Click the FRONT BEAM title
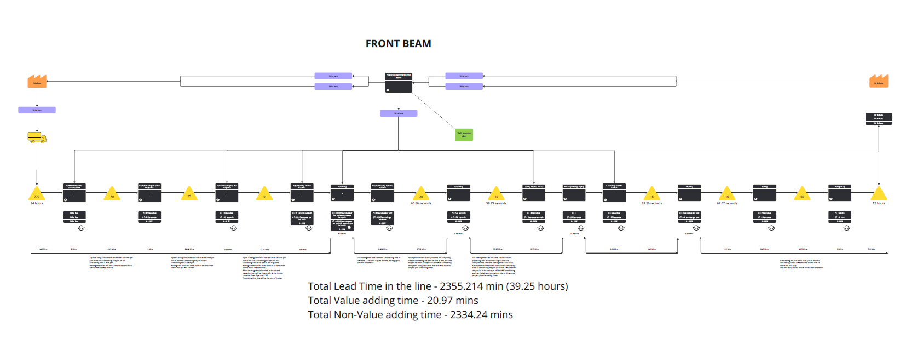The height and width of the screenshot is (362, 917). [x=398, y=44]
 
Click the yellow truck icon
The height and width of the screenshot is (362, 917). [x=37, y=137]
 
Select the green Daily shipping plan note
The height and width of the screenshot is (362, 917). [x=464, y=134]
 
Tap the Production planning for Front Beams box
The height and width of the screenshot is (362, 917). [x=399, y=83]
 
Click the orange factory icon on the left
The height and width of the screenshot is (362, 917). [x=37, y=82]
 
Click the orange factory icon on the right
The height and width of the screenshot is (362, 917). [x=879, y=82]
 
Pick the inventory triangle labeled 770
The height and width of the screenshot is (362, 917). [x=37, y=194]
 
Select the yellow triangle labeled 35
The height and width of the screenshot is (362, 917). [x=189, y=194]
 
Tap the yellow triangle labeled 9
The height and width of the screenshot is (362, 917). [x=264, y=194]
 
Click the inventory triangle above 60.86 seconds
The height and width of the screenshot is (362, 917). [x=421, y=194]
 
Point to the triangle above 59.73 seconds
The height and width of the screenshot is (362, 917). [x=497, y=194]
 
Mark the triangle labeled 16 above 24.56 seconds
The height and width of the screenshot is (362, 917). [x=651, y=194]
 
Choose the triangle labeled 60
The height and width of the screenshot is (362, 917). [x=802, y=194]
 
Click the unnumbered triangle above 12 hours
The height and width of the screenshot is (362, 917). [x=879, y=194]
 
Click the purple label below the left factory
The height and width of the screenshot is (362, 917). [x=37, y=110]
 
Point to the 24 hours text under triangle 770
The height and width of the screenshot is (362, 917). [x=37, y=203]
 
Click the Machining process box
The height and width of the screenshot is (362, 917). [x=342, y=193]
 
